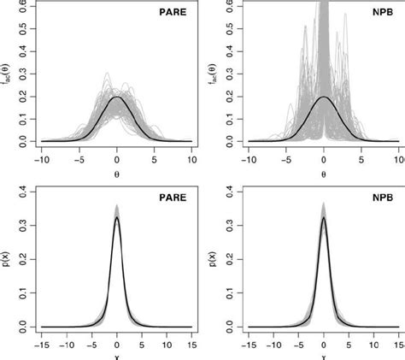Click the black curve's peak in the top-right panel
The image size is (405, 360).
pos(324,97)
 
